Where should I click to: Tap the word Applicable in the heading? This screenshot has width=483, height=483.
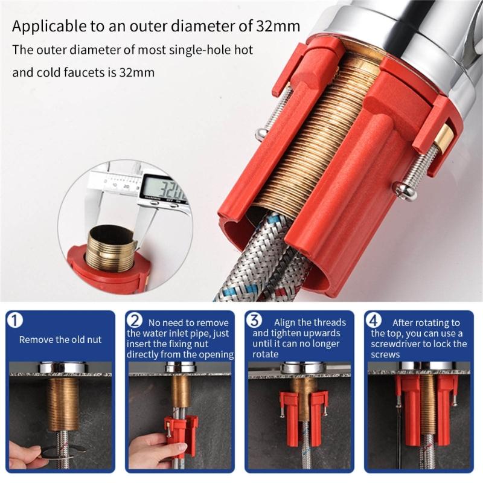coord(45,27)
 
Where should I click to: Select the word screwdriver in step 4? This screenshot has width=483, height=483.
coord(398,344)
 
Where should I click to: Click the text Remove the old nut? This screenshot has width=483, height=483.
coord(60,339)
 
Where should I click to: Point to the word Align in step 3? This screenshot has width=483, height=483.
coord(286,322)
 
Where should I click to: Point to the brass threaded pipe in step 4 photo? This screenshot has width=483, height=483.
coord(427,401)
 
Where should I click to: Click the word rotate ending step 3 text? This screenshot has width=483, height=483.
coord(266,354)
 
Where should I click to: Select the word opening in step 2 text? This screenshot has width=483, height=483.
coord(214,354)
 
